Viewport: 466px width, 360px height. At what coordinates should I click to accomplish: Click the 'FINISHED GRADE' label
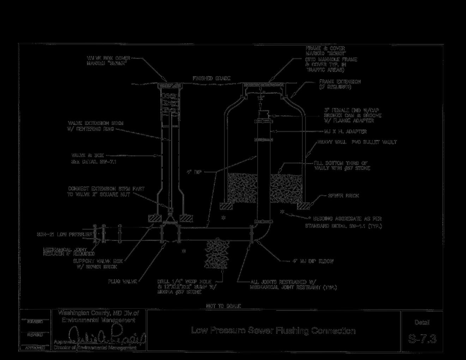coord(211,78)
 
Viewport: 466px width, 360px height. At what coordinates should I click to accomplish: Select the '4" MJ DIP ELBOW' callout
coord(313,261)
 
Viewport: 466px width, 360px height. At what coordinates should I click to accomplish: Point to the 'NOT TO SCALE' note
coord(223,306)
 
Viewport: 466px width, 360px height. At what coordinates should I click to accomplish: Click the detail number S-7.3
coord(422,339)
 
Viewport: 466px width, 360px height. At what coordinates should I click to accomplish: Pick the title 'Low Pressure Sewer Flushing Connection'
coord(273,330)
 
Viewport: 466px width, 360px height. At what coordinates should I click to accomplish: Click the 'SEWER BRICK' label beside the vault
coord(343,195)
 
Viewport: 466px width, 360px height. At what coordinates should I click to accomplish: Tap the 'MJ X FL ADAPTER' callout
coord(345,132)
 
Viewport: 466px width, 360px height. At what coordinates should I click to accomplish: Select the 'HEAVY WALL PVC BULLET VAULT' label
coord(357,142)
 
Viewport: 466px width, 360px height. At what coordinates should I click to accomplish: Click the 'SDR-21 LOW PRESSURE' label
coord(65,234)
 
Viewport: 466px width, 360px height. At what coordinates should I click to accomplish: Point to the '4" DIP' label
coord(194,172)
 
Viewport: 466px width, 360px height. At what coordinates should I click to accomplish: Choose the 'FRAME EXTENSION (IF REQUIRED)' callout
coord(340,84)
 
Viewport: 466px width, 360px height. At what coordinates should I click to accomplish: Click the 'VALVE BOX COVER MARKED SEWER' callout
coord(109,61)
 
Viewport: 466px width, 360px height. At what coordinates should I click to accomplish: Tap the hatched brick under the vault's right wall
coord(303,205)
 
